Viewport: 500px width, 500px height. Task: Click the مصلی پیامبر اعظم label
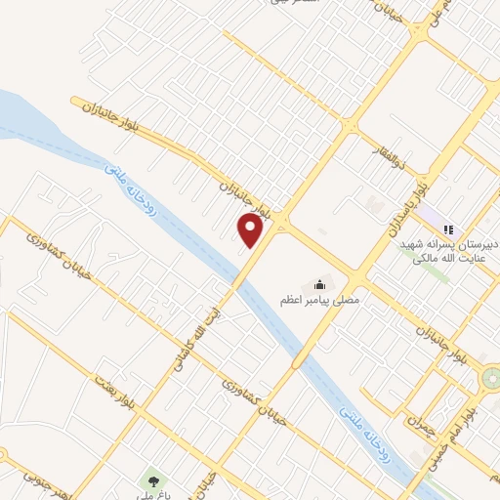(321, 301)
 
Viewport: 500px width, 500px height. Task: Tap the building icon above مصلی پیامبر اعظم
(318, 284)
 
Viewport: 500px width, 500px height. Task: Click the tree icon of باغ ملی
(151, 480)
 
